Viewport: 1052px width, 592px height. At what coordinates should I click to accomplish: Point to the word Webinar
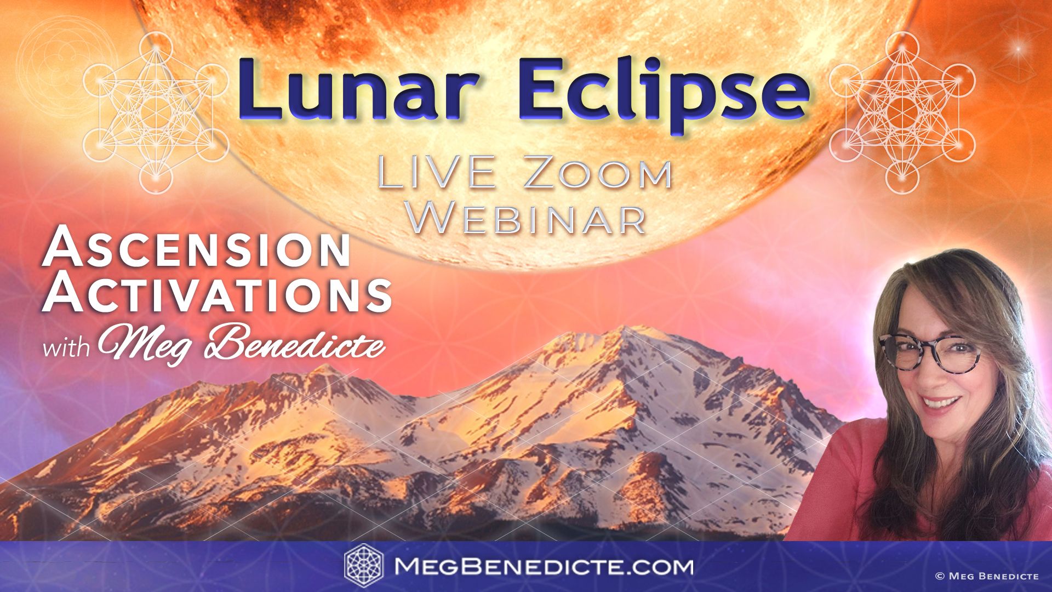click(529, 218)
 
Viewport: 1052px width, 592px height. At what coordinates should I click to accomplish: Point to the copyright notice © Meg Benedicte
click(986, 576)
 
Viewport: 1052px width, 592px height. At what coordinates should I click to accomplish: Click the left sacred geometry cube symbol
click(156, 112)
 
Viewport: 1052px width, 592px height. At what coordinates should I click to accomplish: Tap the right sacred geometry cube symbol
click(902, 112)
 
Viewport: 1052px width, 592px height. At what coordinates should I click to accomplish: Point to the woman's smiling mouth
click(941, 402)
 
